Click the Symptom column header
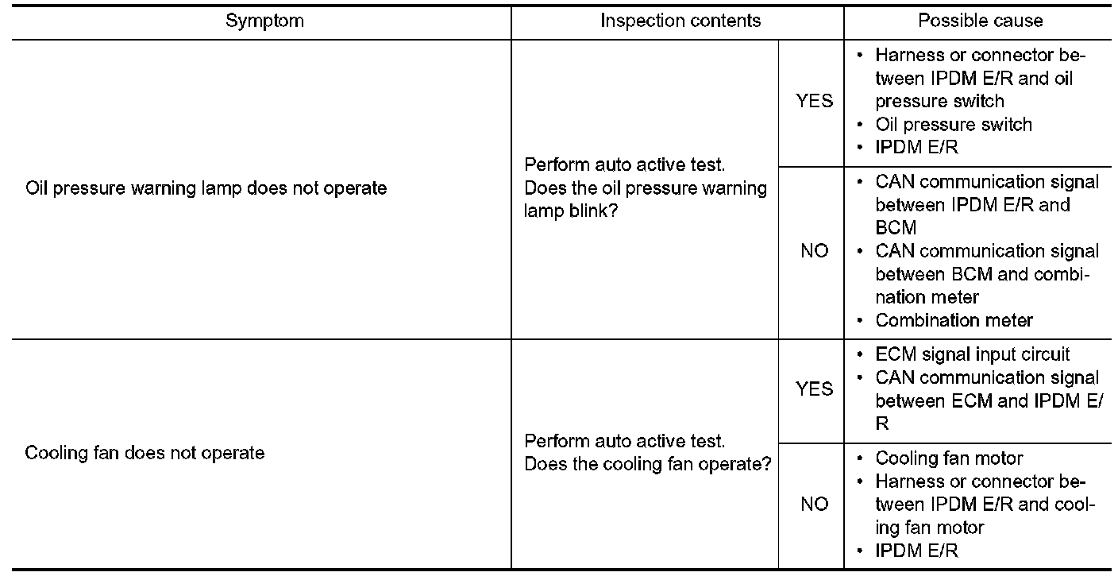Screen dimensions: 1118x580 coord(264,21)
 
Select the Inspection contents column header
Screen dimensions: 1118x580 coord(680,21)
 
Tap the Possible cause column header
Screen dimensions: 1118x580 coord(980,21)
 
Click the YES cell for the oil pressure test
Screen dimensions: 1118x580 coord(814,101)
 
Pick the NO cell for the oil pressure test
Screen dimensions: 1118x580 coord(814,251)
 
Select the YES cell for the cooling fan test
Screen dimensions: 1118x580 coord(814,389)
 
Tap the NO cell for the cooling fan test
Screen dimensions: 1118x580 coord(814,504)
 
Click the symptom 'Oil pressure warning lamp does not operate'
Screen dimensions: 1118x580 coord(206,188)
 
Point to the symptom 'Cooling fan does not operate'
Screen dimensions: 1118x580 coord(145,453)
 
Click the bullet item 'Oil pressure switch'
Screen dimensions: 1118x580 coord(953,125)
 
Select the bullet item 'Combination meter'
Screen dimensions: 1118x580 coord(954,320)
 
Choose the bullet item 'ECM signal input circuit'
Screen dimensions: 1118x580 coord(972,354)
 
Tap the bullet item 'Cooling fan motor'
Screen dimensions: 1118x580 coord(949,458)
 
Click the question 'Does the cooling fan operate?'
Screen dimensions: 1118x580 coord(647,464)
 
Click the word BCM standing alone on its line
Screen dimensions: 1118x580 coord(896,228)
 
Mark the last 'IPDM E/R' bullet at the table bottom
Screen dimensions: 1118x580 coord(916,551)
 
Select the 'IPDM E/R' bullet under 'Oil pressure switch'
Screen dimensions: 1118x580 coord(916,147)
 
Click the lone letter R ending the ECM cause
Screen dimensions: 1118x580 coord(882,423)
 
